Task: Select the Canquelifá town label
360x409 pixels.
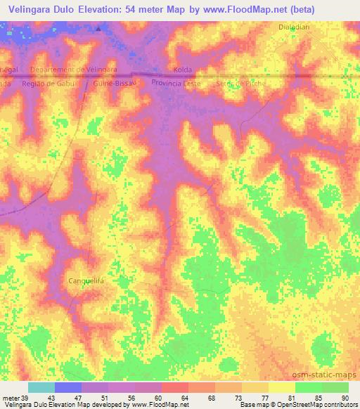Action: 87,280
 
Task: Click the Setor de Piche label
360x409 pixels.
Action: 242,82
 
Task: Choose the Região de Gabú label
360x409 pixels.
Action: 44,82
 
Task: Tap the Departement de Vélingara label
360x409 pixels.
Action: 74,70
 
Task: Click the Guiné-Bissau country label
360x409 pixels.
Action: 113,82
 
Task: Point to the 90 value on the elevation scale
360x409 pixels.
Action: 344,398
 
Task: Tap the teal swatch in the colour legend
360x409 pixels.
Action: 41,387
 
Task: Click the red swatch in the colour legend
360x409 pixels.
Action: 174,387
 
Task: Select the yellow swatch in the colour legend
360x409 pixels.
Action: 281,387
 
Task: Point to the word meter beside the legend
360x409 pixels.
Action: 9,398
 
